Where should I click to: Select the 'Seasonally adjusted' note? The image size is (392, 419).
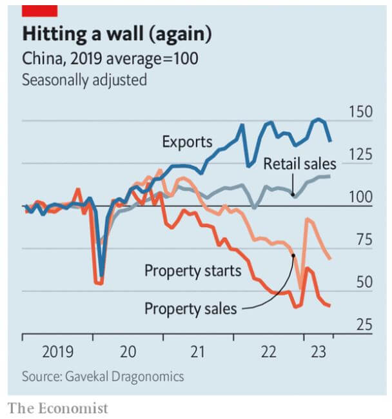tap(84, 81)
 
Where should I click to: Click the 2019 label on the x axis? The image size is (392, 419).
tap(57, 353)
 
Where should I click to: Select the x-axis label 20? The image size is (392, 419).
tap(128, 353)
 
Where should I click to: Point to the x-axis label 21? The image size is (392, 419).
tap(198, 353)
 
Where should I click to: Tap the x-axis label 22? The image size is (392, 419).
tap(269, 353)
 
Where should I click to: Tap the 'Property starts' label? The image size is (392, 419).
tap(192, 271)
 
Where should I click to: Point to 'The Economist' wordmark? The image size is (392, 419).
tap(58, 408)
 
